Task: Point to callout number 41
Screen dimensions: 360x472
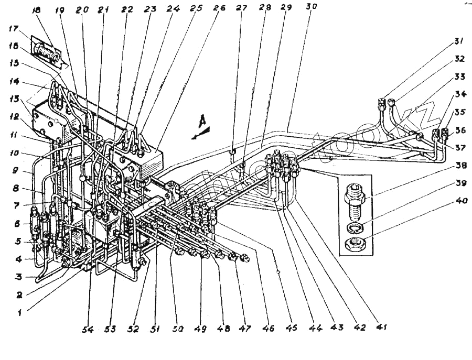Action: click(380, 328)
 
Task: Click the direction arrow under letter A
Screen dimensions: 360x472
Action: click(200, 135)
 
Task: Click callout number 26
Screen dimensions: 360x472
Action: click(219, 8)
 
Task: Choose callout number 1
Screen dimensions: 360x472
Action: click(19, 312)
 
